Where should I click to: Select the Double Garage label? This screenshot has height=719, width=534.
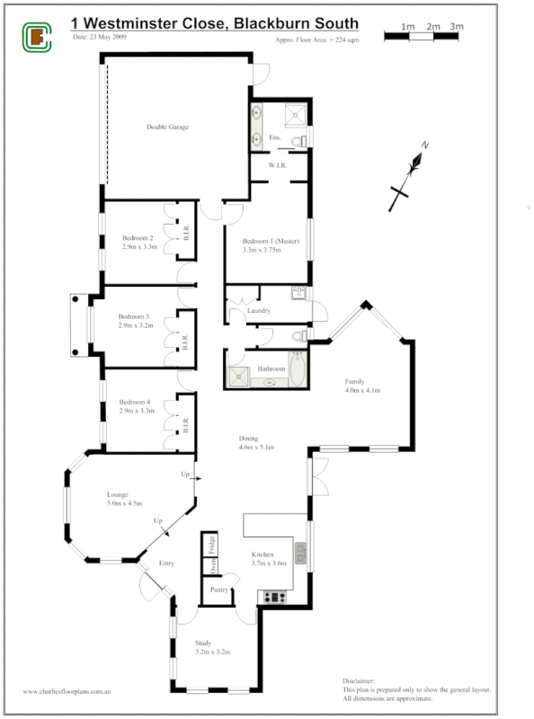[167, 127]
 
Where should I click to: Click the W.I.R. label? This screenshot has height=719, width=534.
[277, 165]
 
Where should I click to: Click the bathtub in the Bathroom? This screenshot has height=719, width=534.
[298, 369]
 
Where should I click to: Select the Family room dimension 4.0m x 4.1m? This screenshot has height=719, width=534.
[363, 391]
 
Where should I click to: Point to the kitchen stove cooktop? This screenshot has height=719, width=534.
[273, 596]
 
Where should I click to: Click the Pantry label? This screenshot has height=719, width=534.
[218, 590]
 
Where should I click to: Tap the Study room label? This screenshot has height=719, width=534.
[204, 643]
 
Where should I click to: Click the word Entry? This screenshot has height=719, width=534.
[166, 564]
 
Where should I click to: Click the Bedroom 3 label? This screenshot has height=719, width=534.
[134, 316]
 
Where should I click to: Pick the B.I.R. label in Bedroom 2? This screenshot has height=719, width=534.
[185, 232]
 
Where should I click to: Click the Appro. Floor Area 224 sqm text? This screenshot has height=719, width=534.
[316, 41]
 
